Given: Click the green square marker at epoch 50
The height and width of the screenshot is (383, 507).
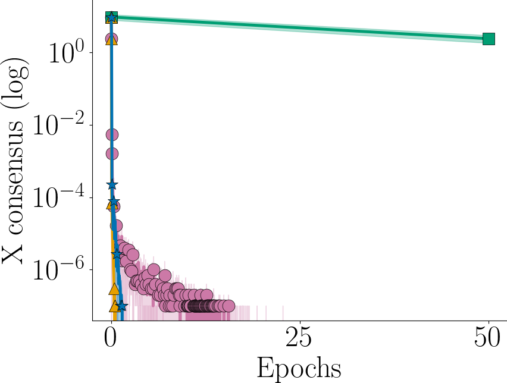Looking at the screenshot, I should tap(489, 39).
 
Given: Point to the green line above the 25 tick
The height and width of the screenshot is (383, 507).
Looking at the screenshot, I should tap(299, 28).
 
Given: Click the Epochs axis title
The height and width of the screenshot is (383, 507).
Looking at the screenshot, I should tap(299, 368).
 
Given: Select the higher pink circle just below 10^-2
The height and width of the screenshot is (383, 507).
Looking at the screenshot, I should tap(111, 134).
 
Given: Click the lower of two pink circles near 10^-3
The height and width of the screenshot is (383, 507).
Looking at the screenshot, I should tap(111, 153).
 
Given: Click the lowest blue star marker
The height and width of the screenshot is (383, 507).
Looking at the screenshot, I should tap(121, 306).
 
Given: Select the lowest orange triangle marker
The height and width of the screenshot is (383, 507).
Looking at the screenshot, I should tap(114, 306).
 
